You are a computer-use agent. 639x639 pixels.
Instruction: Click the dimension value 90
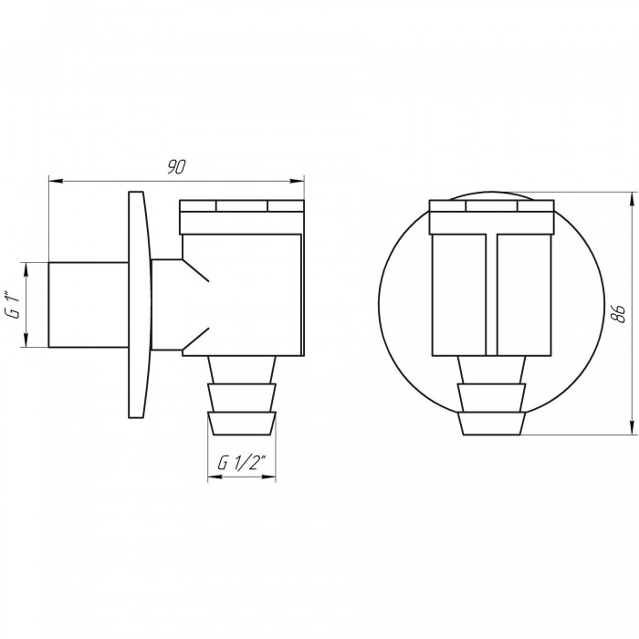coord(176,167)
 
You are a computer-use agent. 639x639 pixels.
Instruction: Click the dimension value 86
coord(619,313)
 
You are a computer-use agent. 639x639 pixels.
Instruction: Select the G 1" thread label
coord(12,304)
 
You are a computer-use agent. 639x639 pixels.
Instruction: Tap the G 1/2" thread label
coord(242,463)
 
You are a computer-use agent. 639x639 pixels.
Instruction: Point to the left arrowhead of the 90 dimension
coord(56,180)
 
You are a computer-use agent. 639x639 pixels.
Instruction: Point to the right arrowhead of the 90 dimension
coord(297,180)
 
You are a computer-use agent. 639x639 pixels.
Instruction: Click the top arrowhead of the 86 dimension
coord(632,199)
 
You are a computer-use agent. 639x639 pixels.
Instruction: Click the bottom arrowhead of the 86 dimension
coord(632,427)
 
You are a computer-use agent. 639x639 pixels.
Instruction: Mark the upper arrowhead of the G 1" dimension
coord(26,270)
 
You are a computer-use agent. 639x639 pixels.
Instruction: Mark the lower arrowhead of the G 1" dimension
coord(26,340)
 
